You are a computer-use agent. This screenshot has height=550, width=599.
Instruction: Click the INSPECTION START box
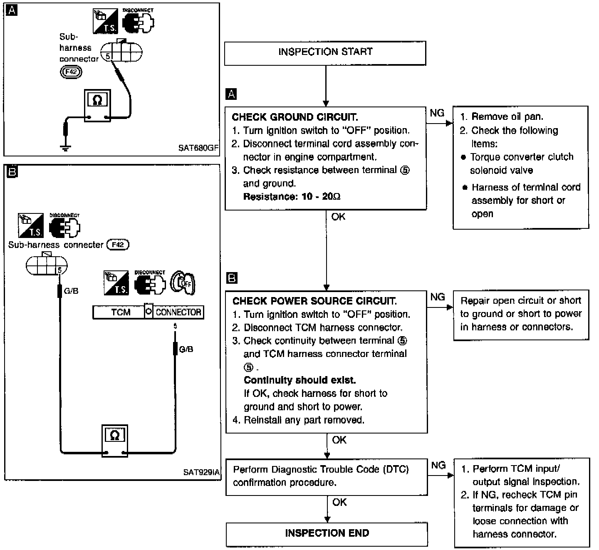325,53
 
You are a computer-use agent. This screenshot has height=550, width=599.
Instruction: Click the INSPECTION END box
327,534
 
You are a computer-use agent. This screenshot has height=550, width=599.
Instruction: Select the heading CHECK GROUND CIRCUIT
295,117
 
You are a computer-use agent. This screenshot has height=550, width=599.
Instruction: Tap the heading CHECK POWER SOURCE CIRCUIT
314,301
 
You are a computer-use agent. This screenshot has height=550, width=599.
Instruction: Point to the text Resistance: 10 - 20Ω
292,197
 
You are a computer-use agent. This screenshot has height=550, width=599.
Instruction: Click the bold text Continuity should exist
300,380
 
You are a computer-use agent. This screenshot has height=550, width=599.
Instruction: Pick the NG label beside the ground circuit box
437,113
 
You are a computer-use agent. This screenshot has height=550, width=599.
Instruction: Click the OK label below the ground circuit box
338,217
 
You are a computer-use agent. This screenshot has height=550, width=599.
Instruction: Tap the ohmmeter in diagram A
98,105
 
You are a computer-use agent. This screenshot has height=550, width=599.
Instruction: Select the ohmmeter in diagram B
115,441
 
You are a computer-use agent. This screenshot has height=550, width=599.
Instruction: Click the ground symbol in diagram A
65,148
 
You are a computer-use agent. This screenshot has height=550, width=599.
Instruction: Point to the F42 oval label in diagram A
71,72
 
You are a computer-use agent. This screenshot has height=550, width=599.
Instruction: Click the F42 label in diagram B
118,245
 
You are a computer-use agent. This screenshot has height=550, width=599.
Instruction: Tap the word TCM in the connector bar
121,312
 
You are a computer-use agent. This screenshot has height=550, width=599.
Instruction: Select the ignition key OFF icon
183,283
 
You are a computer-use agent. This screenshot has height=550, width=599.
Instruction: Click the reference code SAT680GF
198,148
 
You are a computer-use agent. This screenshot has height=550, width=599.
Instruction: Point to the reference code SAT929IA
201,472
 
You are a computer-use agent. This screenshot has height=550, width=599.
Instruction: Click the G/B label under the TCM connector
186,349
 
